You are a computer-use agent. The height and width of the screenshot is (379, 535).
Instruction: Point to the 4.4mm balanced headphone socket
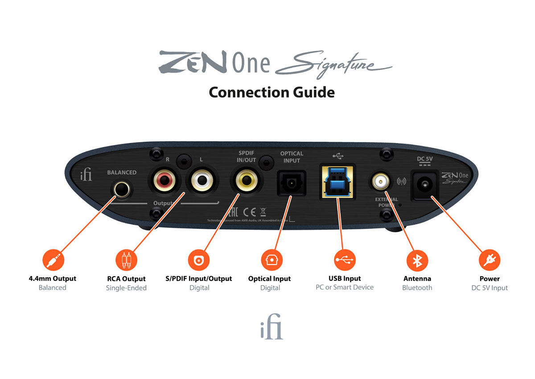[x=121, y=190]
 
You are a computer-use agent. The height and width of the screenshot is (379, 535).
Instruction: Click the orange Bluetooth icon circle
[x=417, y=260]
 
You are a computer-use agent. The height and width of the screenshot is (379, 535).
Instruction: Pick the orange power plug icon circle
[x=490, y=260]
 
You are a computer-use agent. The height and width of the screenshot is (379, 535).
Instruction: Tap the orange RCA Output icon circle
[x=126, y=260]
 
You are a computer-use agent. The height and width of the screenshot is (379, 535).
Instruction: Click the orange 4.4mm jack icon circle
[x=52, y=260]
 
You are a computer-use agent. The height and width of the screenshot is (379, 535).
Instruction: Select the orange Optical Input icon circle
[x=271, y=260]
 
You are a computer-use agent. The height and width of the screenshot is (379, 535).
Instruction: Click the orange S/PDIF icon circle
[x=199, y=260]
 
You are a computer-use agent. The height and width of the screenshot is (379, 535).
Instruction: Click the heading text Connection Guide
[x=272, y=92]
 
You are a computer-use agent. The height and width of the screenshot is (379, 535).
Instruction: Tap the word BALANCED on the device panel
[x=122, y=173]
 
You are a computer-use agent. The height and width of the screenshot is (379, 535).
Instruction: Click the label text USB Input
[x=345, y=278]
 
